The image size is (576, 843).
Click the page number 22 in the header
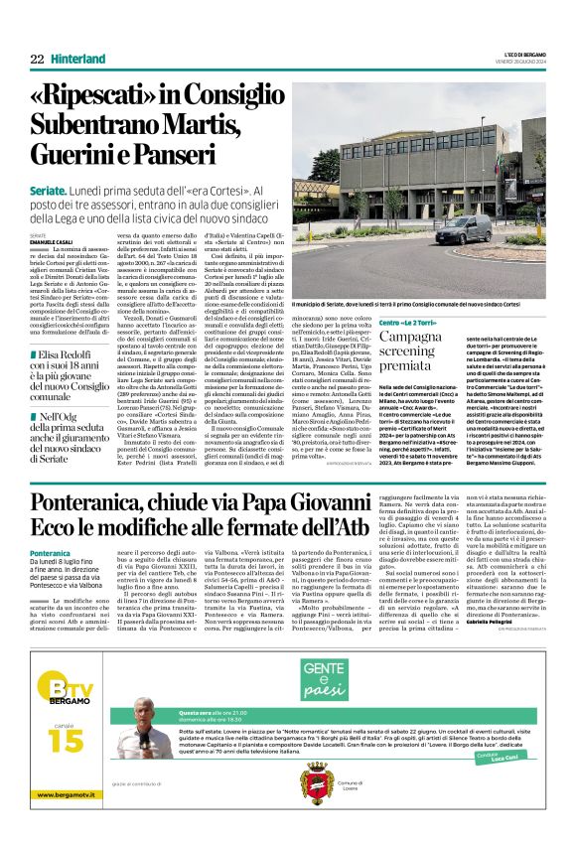(x=36, y=60)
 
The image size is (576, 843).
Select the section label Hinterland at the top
(x=80, y=60)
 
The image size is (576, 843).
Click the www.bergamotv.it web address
(x=69, y=823)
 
